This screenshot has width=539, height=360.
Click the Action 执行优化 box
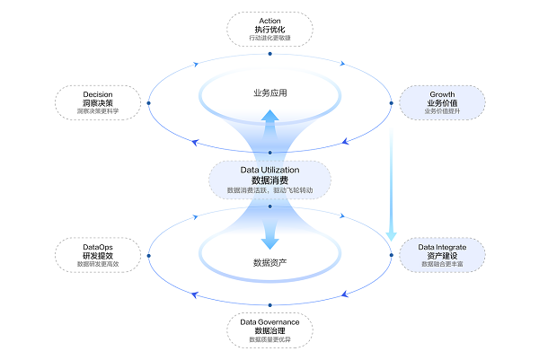[269, 29]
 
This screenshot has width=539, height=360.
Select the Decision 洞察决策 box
[98, 102]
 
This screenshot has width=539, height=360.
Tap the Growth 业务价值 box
[441, 102]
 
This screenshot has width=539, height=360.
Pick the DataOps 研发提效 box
[98, 254]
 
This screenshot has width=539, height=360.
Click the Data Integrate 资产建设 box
[441, 255]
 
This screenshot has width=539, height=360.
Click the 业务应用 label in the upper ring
[269, 92]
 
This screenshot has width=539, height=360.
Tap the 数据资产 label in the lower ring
[269, 263]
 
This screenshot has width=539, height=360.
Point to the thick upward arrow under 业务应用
[269, 126]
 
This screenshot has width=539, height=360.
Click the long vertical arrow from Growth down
[392, 180]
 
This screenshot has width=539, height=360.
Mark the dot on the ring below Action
[269, 54]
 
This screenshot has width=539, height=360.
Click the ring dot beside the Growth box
[392, 103]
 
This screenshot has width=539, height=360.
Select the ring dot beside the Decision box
[148, 102]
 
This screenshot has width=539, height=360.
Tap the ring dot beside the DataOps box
[148, 255]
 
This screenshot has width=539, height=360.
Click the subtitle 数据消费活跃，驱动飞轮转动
[269, 191]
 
